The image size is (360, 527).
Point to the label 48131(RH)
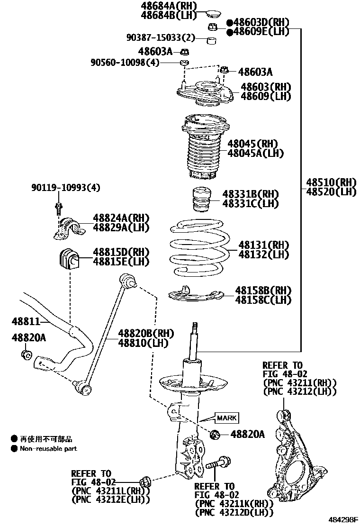[263, 245]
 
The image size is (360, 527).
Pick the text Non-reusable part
[48, 448]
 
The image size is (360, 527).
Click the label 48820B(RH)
[143, 333]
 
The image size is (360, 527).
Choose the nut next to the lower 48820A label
[214, 434]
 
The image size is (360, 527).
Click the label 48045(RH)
[252, 144]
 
